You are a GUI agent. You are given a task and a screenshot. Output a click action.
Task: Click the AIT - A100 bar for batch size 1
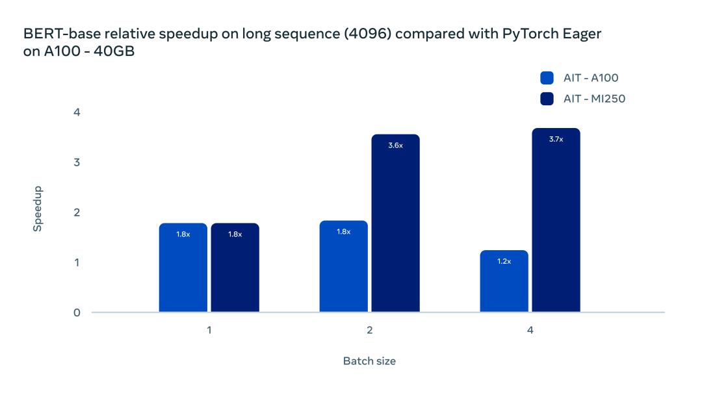pos(183,268)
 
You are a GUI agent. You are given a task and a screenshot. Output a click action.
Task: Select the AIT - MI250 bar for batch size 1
pos(235,268)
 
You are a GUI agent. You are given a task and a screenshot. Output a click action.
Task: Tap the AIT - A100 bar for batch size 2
pos(343,266)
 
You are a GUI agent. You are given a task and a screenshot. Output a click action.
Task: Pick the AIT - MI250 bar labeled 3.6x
pos(395,223)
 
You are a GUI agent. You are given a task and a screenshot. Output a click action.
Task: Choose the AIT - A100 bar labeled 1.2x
pos(504,281)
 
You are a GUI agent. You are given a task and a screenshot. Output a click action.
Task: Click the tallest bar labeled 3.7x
pos(556,220)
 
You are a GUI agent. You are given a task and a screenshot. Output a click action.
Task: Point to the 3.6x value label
pos(395,146)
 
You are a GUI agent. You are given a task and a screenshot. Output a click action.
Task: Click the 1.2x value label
pos(504,261)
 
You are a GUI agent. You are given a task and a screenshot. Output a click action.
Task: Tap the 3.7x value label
pos(556,139)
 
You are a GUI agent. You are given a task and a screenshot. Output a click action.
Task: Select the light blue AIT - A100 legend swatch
pos(547,78)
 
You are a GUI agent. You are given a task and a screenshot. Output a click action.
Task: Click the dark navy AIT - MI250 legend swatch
pos(547,99)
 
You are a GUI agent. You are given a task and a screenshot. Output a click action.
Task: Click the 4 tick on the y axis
pos(77,112)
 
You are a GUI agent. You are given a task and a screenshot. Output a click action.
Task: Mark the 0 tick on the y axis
pos(77,312)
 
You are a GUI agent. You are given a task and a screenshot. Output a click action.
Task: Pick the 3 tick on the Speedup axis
pos(77,162)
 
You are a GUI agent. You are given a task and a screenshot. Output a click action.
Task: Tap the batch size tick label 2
pos(369,330)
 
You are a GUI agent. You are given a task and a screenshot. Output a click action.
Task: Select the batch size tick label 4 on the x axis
pos(530,330)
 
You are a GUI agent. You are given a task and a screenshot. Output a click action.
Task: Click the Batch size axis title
pos(369,361)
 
